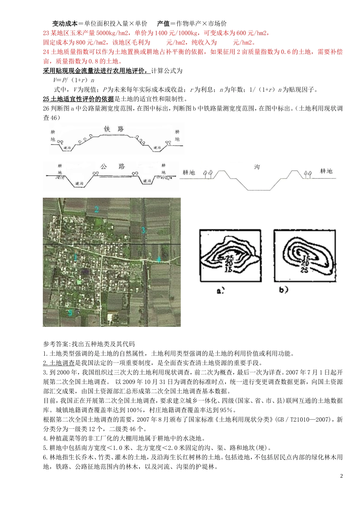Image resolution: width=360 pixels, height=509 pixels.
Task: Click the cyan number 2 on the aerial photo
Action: point(97,209)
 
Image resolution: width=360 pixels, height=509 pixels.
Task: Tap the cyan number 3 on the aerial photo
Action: point(143,230)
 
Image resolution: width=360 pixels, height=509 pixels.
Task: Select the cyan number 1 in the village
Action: point(75,258)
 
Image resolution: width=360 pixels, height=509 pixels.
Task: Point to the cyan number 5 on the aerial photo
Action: point(70,313)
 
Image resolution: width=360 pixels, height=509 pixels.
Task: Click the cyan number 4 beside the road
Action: point(159,260)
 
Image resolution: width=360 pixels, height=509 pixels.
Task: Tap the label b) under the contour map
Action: point(283,290)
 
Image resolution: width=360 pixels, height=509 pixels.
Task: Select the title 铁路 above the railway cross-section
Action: point(114,129)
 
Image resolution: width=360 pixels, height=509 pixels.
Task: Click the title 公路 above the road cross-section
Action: point(113,166)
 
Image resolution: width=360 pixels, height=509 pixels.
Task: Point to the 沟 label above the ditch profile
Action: point(257,167)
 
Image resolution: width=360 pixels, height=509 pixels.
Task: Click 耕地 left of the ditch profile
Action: point(189,173)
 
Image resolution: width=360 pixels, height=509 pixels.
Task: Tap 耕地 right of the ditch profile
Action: point(326,171)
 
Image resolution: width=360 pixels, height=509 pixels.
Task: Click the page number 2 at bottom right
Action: point(341,476)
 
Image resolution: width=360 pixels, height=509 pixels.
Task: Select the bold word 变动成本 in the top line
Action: point(64,23)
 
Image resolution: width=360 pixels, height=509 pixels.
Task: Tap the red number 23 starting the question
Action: point(46,33)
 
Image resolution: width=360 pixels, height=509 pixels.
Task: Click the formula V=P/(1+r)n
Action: point(74,80)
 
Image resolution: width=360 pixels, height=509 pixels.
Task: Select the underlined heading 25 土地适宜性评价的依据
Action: point(78,99)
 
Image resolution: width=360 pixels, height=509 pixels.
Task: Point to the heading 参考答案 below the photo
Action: point(56,344)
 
